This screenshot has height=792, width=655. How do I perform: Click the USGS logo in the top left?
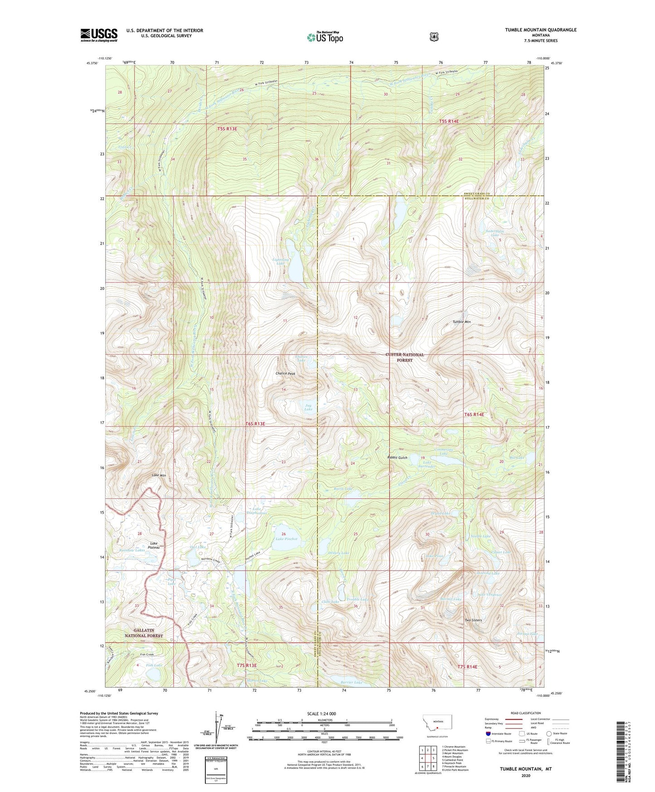click(x=99, y=35)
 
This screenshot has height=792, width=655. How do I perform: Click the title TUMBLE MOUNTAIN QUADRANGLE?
click(x=541, y=30)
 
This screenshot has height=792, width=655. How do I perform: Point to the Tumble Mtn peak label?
click(x=461, y=322)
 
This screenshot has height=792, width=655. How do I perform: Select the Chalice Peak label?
click(x=285, y=374)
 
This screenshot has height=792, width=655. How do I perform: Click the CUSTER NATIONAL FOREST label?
click(x=405, y=357)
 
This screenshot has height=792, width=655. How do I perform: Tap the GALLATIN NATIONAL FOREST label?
click(x=143, y=633)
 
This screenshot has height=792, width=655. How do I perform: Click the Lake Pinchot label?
click(x=286, y=539)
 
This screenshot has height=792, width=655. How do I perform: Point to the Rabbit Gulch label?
click(x=397, y=458)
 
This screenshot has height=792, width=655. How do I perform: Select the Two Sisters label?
click(x=473, y=620)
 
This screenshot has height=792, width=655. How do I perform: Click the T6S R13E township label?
click(x=255, y=423)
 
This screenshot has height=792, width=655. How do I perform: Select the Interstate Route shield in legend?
click(x=488, y=733)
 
